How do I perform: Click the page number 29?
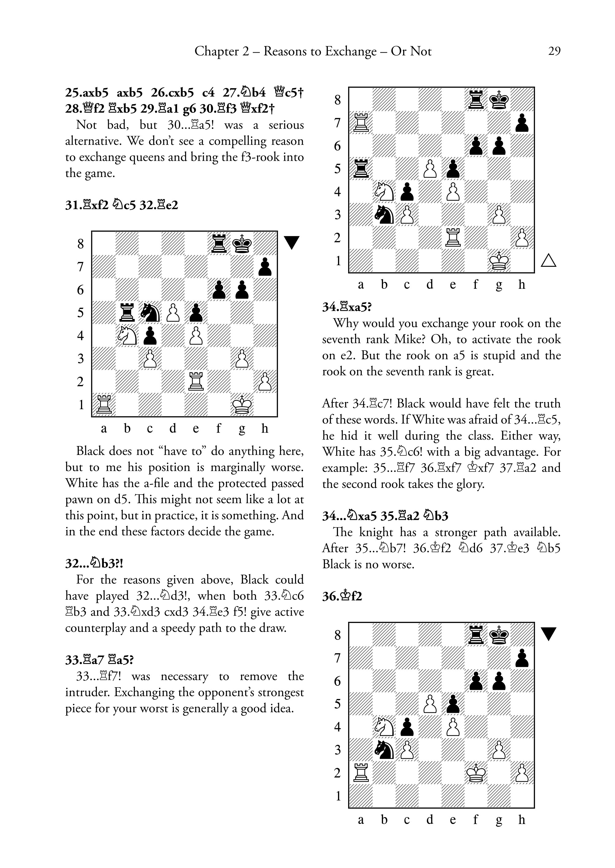coord(554,51)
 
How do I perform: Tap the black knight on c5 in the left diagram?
coord(150,313)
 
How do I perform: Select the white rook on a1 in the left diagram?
coord(104,404)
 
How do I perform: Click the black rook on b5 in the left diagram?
coord(127,313)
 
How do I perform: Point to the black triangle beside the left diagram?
coord(292,242)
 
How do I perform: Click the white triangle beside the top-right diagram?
coord(548,260)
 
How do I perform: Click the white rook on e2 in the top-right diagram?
coord(453,237)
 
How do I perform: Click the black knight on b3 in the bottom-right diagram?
coord(384,749)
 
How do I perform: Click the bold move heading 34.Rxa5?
coord(347,307)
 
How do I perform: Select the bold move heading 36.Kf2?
coord(342,597)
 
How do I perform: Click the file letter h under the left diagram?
coord(265,428)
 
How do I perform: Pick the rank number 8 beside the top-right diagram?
coord(337,100)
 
